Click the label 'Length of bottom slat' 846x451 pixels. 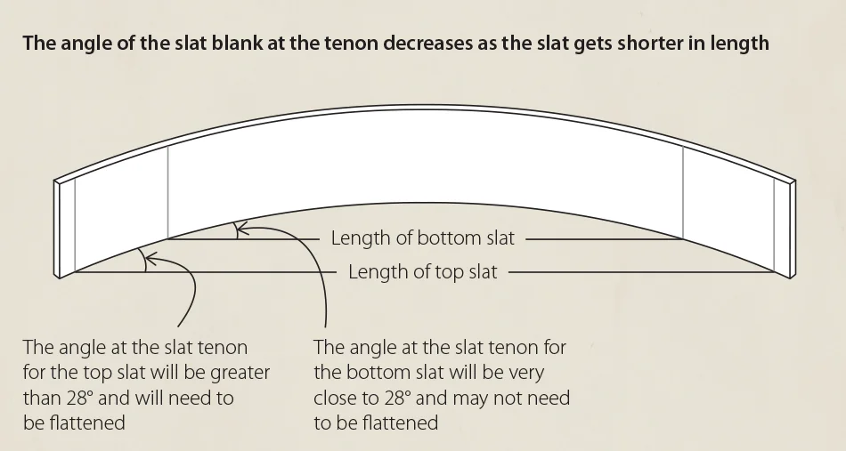click(423, 238)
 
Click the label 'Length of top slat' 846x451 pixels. click(422, 272)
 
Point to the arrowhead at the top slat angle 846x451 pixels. click(148, 259)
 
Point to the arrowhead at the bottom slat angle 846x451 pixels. click(242, 229)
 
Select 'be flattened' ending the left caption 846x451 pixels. click(74, 423)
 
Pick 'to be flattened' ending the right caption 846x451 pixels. click(376, 423)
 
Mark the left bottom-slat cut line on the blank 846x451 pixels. click(167, 191)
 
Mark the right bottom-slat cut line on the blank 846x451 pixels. click(683, 191)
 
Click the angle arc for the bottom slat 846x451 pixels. click(236, 230)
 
